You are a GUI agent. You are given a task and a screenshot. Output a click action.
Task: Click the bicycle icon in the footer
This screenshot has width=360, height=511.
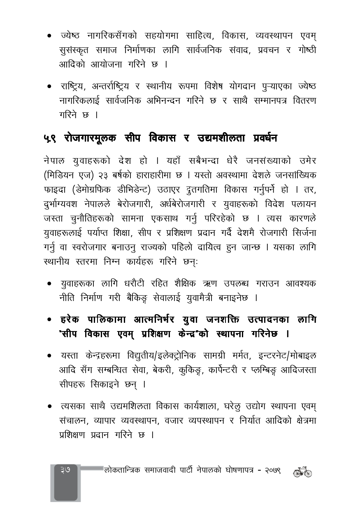pyautogui.click(x=302, y=472)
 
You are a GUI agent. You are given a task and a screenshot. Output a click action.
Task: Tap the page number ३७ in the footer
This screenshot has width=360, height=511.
pyautogui.click(x=65, y=469)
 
